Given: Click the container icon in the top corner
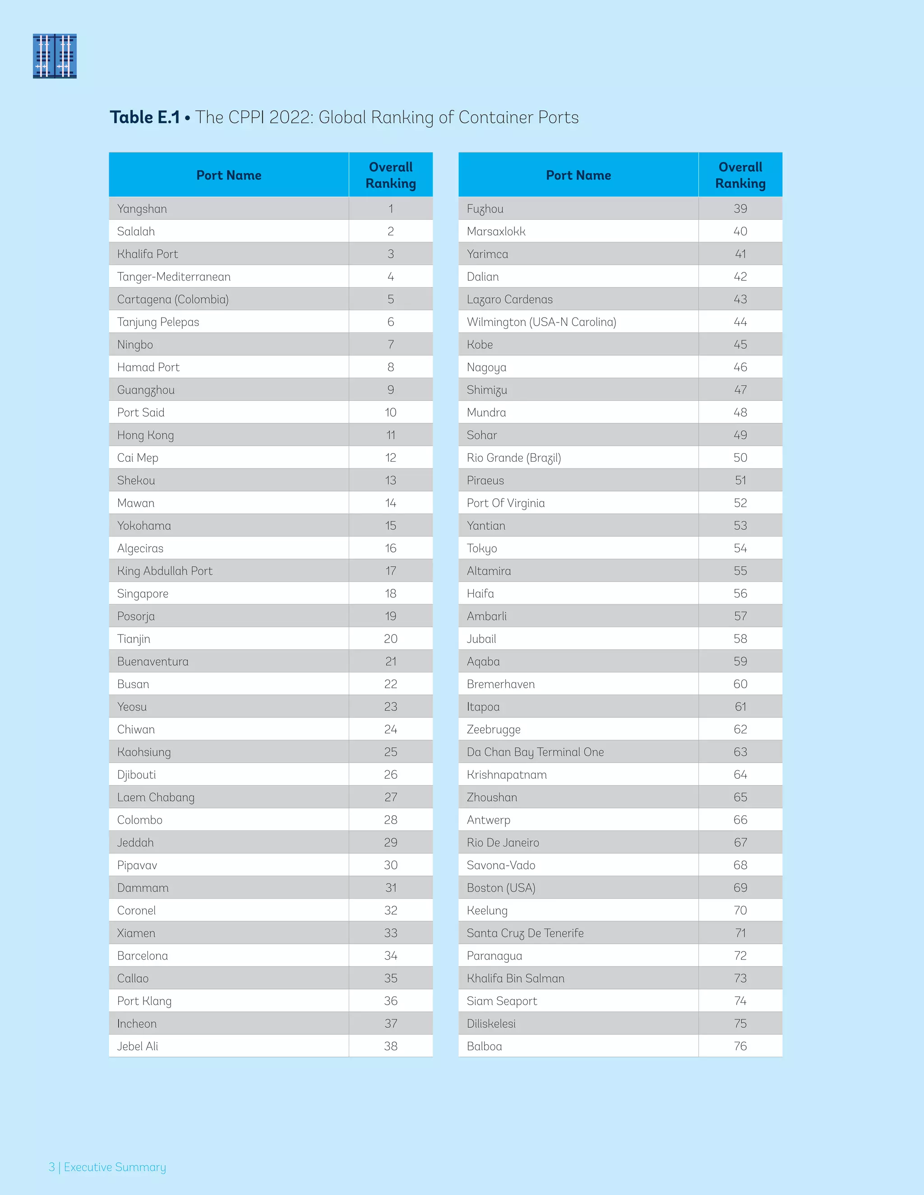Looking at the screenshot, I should [x=55, y=56].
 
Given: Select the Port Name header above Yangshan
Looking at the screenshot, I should [x=229, y=175].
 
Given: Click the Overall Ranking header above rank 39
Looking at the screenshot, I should [x=740, y=175].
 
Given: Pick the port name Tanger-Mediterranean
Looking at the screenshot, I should [x=174, y=277].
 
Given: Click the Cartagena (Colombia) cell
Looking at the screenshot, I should [x=173, y=299].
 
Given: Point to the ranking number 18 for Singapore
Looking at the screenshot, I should [x=390, y=594].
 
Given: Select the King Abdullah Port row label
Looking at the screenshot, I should [x=165, y=571].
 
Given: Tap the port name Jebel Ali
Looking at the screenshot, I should [x=138, y=1046].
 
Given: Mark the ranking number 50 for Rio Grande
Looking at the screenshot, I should [x=740, y=458].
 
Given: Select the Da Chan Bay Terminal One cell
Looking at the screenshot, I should [x=535, y=752].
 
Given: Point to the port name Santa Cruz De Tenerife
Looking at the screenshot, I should [x=525, y=933].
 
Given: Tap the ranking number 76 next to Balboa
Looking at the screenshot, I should [x=740, y=1046].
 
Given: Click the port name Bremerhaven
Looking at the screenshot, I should [x=500, y=685].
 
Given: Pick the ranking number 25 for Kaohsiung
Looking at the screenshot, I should [x=390, y=752].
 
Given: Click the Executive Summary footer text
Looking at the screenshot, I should [x=115, y=1167].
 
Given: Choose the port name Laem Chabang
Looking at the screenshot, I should [x=156, y=798].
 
